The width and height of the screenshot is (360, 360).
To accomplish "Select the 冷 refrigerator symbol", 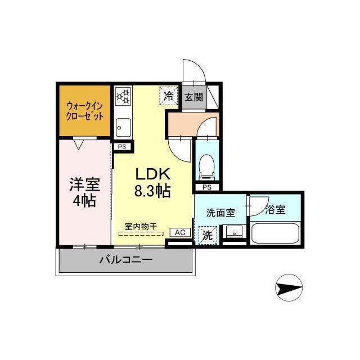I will [168, 96].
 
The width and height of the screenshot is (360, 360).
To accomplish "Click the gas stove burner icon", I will [123, 96].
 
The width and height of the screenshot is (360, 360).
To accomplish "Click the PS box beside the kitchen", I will [122, 147].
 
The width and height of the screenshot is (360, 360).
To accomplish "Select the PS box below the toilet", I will [206, 187].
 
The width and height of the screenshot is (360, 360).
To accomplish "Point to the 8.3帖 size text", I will [152, 192].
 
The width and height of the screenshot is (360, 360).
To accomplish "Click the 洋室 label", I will [84, 184].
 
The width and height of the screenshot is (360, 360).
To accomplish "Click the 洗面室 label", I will [220, 213].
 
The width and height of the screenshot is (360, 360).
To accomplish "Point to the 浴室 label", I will [275, 210].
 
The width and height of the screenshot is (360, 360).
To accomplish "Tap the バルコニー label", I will [126, 260].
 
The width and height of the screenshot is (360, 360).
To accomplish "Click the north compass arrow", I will [290, 289].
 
